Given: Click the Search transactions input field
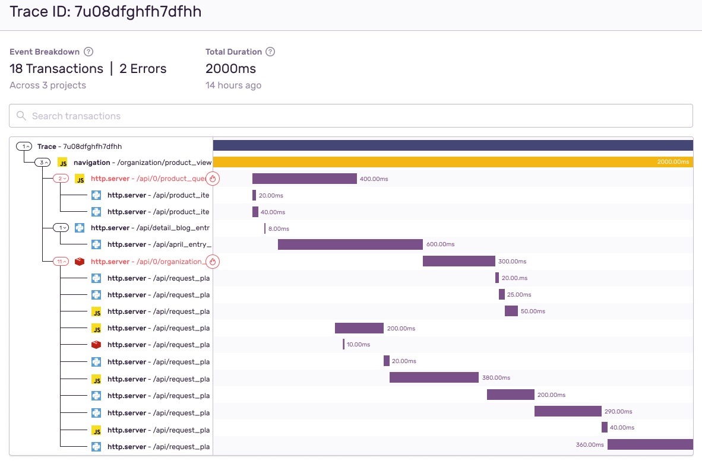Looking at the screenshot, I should [x=350, y=116].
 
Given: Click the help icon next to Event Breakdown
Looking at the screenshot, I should [x=89, y=52].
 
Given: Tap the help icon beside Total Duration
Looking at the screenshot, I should [x=270, y=52].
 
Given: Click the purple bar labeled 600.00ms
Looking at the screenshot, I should [x=350, y=244].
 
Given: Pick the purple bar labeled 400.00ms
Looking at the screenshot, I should [x=304, y=179].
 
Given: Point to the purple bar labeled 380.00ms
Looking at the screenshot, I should [x=434, y=377].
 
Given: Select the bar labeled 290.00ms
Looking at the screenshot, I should [x=568, y=411].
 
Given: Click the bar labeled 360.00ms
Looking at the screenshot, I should [x=650, y=444].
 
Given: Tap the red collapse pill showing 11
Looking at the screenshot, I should [x=61, y=262].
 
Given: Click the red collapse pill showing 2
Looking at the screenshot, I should [x=61, y=179].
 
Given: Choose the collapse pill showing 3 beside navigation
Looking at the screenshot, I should [x=43, y=162].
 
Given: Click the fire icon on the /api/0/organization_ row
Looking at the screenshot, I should [x=213, y=262].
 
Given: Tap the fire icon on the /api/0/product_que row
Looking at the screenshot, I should [x=213, y=179].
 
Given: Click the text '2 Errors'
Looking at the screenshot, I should [x=143, y=69].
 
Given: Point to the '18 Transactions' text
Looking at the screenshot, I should [x=56, y=69].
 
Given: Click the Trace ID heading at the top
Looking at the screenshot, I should [x=106, y=12].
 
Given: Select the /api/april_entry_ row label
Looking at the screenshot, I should [x=159, y=244].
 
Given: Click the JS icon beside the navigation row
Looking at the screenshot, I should [x=62, y=162].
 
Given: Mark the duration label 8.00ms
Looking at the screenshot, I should [x=279, y=228].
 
